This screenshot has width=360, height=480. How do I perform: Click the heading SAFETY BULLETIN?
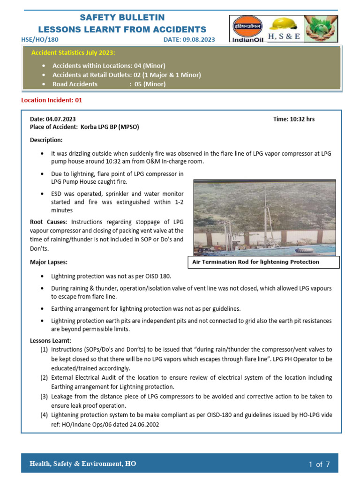122,18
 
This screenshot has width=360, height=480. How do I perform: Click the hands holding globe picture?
322,29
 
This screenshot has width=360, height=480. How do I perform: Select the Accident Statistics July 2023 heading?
73,52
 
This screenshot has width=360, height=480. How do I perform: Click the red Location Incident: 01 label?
52,100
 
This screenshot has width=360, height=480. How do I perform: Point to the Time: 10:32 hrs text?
293,119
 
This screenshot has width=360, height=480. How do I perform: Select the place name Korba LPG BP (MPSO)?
110,127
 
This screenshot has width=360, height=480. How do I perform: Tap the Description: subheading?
46,140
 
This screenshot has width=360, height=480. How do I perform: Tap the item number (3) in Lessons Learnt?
44,397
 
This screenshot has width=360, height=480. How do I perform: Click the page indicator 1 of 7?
319,465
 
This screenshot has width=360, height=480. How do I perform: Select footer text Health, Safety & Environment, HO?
83,464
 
